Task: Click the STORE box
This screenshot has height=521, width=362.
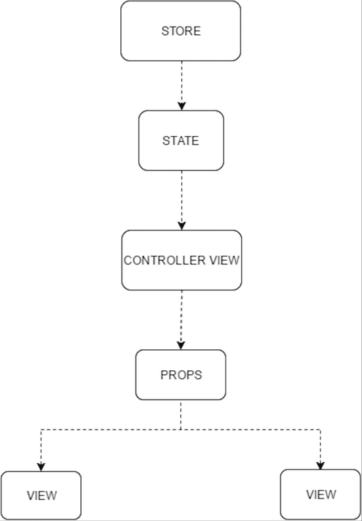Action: point(180,31)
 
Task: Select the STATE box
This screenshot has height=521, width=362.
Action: point(181,140)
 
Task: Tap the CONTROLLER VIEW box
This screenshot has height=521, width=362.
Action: point(182,260)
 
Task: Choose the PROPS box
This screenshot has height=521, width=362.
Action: point(181,375)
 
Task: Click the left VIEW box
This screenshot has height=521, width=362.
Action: point(41,495)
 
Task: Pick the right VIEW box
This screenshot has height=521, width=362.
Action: point(321,494)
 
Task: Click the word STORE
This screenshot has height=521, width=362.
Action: point(181,31)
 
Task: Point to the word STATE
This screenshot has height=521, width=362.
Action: point(181,140)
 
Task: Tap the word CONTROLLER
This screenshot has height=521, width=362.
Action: point(164,260)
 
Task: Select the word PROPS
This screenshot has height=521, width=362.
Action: point(181,375)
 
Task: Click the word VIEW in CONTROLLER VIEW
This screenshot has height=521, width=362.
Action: point(224,260)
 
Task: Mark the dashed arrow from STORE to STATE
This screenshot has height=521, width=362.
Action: point(182,86)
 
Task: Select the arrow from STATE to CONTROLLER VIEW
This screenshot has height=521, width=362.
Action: point(182,200)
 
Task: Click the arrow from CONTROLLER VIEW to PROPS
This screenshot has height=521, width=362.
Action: point(181,320)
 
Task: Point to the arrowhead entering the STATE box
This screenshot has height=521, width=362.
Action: point(182,107)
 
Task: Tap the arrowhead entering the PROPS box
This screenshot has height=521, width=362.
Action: point(181,346)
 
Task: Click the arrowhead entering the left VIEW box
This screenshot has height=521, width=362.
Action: point(41,467)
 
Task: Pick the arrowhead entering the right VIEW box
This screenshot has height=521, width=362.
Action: point(321,466)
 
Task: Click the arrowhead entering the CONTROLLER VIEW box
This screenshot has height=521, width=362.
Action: point(182,226)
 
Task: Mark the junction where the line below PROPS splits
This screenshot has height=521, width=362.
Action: point(181,430)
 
